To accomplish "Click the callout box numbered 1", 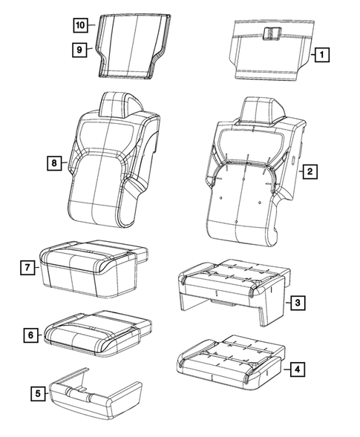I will [321, 53].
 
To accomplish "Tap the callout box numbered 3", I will [296, 303].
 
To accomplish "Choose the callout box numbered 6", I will [31, 335].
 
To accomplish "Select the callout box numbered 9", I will [77, 50].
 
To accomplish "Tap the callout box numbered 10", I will [79, 24].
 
